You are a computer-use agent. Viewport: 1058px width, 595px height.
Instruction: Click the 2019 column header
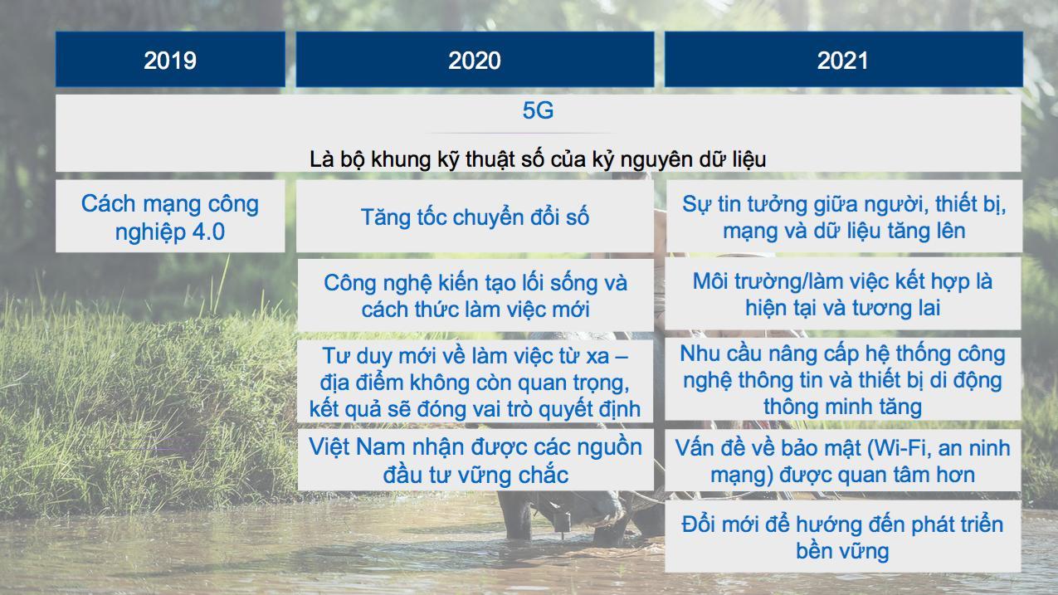click(170, 60)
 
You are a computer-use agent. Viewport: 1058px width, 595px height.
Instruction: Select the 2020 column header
click(475, 60)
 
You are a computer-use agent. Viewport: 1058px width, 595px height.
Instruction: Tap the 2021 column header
click(844, 60)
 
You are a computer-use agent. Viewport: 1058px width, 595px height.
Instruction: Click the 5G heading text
click(538, 110)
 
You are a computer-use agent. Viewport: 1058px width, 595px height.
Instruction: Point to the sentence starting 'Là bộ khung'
click(538, 159)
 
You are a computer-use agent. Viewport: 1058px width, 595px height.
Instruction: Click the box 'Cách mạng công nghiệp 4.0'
click(170, 216)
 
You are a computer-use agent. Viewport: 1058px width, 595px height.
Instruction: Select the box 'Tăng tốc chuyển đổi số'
click(475, 217)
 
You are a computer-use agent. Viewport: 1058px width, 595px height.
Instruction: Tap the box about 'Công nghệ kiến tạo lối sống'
click(475, 295)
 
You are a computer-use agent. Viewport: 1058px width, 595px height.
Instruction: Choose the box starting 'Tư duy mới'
click(475, 381)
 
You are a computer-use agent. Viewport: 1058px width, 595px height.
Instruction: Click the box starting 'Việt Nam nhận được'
click(475, 460)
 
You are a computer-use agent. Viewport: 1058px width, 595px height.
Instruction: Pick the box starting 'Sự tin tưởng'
click(844, 216)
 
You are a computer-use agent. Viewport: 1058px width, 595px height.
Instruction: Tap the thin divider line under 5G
click(522, 134)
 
